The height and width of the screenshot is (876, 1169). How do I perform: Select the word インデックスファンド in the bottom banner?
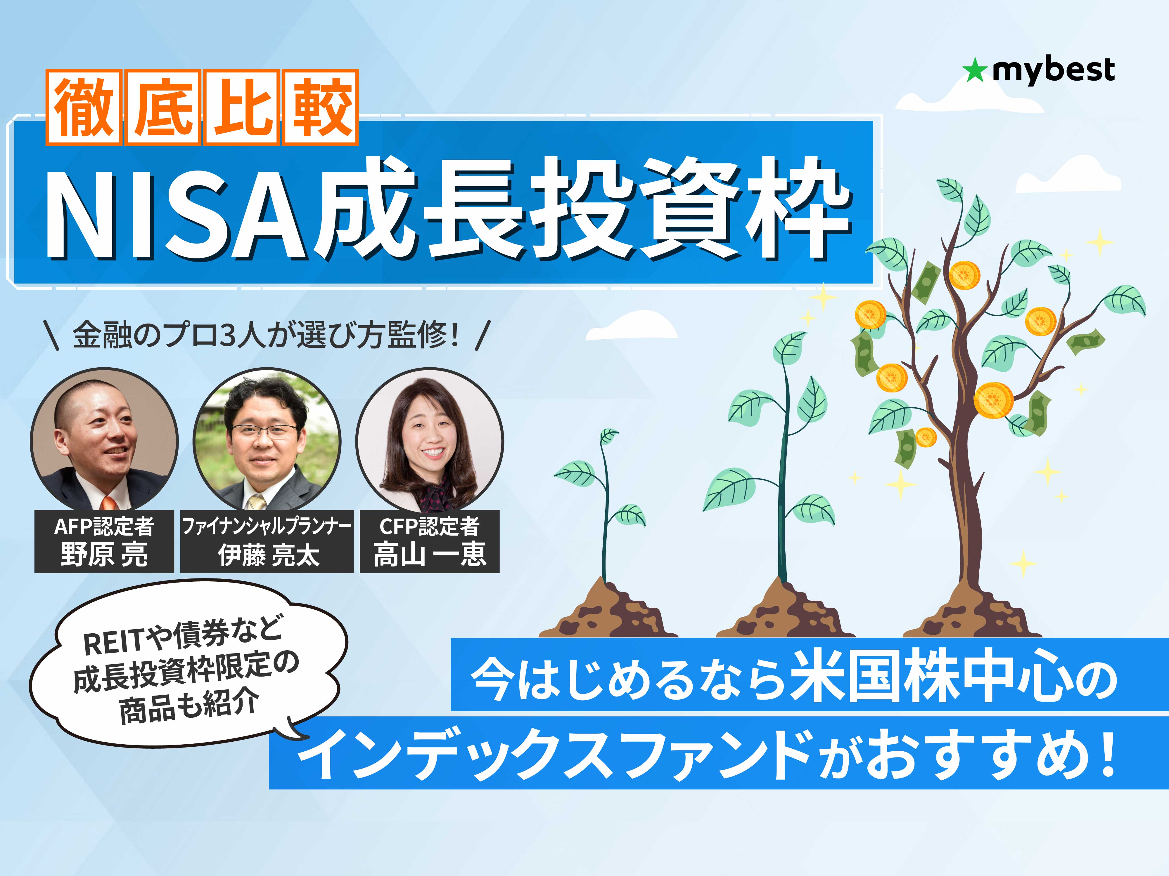tap(555, 755)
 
